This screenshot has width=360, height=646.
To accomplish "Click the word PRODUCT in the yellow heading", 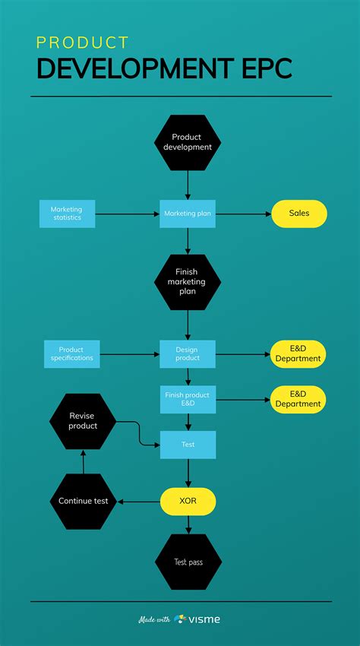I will (x=83, y=43).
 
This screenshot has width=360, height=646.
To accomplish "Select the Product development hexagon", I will (x=188, y=142).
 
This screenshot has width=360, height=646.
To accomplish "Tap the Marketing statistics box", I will (x=67, y=214).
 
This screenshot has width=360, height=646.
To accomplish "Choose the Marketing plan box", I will (x=188, y=214).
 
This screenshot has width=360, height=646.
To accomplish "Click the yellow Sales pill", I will (x=299, y=214).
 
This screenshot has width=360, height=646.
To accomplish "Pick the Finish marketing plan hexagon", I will (x=188, y=282).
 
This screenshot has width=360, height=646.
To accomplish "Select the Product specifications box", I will (x=71, y=353).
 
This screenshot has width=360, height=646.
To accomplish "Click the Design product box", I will (x=188, y=353).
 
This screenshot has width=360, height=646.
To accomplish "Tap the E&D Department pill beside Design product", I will (x=298, y=353).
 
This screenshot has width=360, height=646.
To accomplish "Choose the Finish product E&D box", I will (x=188, y=399).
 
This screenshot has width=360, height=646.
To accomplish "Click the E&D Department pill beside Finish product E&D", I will (x=298, y=399).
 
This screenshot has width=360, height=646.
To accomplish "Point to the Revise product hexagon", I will (x=83, y=421).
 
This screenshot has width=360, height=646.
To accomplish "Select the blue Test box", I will (x=188, y=445).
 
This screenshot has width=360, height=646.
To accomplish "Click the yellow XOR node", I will (x=188, y=502).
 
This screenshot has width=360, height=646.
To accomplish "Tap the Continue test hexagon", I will (x=83, y=501).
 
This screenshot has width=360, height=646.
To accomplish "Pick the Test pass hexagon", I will (x=188, y=562).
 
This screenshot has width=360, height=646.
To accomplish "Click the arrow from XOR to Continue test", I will (x=139, y=502).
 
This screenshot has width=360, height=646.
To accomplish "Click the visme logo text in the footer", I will (x=204, y=619).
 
